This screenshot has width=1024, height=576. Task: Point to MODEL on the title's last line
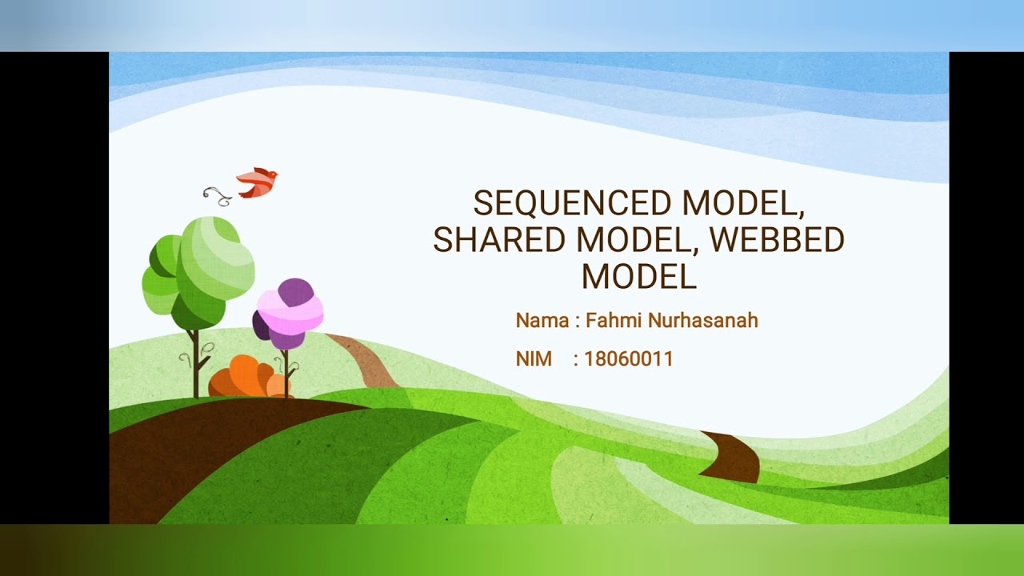(x=638, y=277)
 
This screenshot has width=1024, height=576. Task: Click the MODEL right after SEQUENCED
(x=742, y=203)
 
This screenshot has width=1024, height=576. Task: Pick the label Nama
(x=542, y=321)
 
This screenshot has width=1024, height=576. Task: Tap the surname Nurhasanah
(x=702, y=321)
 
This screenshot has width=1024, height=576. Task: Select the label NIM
(x=534, y=359)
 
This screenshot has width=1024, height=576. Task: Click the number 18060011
(x=629, y=359)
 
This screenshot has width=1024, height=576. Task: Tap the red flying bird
(x=257, y=182)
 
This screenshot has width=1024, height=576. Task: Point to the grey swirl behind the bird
(x=216, y=194)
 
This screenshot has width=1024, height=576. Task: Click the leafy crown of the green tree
(x=199, y=269)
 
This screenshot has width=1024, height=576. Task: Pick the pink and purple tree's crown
(x=289, y=312)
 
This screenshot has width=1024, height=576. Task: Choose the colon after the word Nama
(x=577, y=322)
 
